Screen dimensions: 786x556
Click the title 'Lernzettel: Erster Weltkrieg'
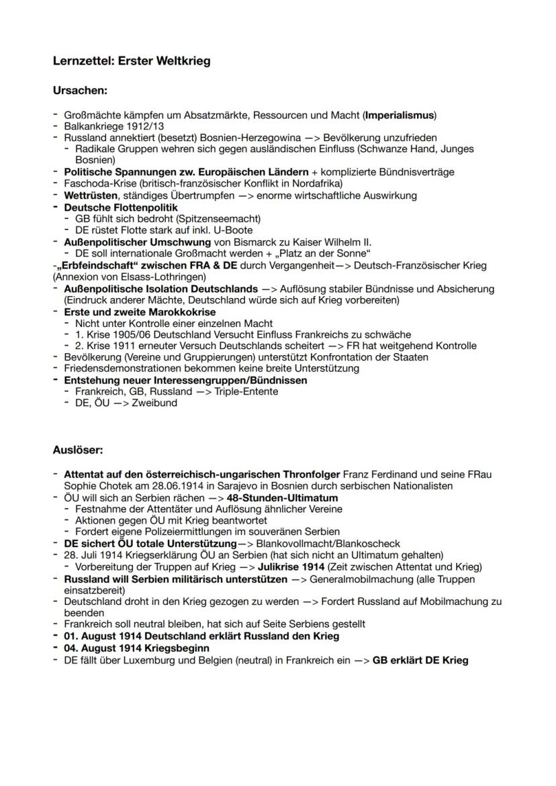(132, 61)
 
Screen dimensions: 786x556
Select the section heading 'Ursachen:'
(80, 89)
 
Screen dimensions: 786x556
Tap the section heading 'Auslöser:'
(77, 449)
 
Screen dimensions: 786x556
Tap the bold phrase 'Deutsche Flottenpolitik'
(120, 207)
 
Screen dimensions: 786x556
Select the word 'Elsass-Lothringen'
(165, 277)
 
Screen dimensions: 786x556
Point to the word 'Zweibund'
(156, 403)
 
